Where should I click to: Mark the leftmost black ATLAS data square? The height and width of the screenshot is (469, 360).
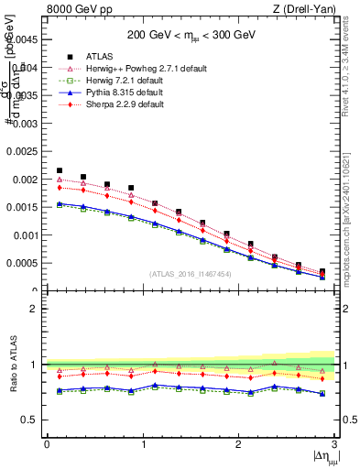(x=60, y=170)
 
